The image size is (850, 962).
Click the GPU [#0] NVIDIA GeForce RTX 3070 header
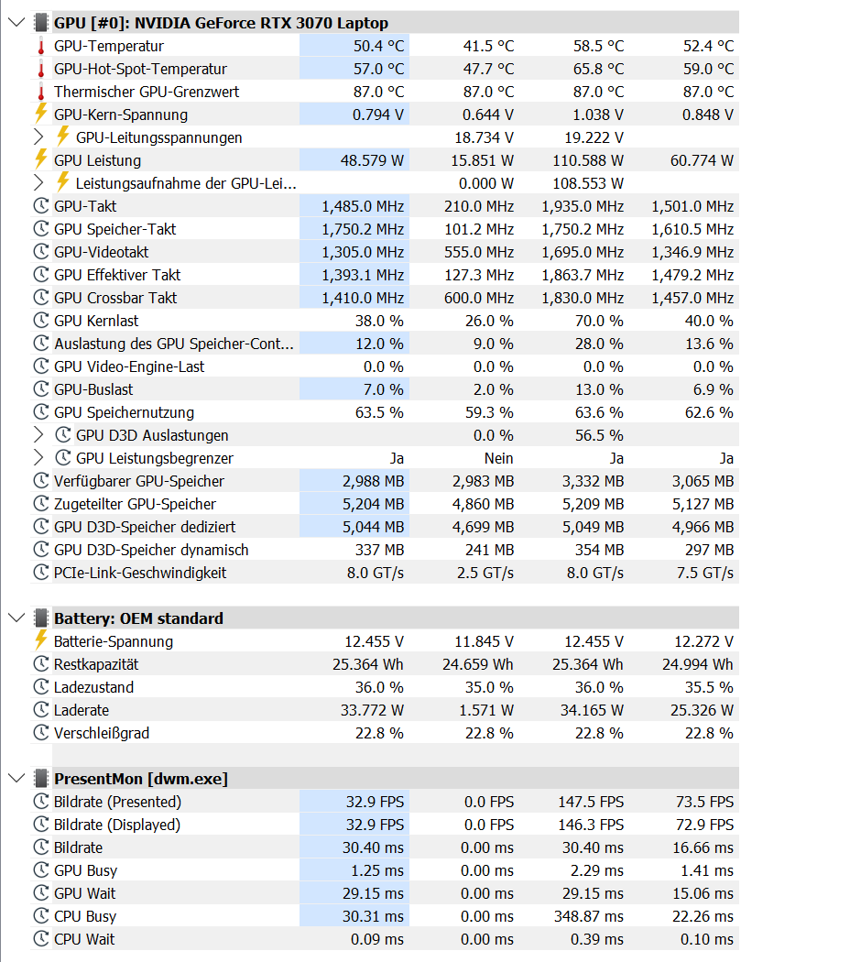point(220,23)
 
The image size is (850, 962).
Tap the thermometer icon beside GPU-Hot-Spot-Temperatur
point(40,69)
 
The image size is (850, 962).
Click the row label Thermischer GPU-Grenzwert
point(147,92)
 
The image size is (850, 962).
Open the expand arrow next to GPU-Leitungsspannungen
point(38,137)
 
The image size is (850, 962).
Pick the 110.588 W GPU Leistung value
point(587,160)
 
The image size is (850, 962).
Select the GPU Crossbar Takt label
point(115,298)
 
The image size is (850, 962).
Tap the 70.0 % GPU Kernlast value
point(600,321)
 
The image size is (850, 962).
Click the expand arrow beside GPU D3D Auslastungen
point(38,435)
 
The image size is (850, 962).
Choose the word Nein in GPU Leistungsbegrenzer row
point(498,458)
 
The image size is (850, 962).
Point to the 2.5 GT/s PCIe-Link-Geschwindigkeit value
point(485,573)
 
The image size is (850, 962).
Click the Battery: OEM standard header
point(138,618)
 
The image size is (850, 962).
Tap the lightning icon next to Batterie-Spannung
point(40,641)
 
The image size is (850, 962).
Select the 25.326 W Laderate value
point(701,710)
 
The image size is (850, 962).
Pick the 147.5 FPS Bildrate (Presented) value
point(590,802)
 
